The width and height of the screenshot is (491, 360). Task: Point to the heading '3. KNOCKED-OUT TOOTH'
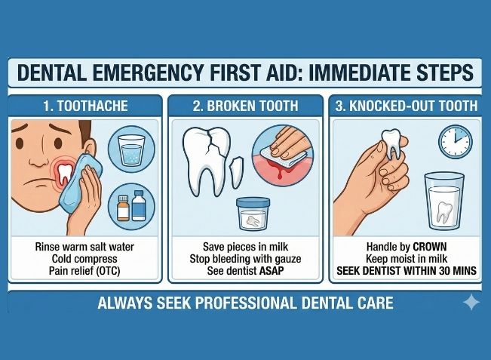[x=407, y=106]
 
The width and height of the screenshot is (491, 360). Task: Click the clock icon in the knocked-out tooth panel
[x=455, y=142]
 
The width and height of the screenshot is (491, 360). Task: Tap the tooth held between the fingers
[x=391, y=143]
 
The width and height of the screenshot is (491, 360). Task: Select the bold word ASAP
[x=272, y=271]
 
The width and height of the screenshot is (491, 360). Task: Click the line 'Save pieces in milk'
[x=245, y=247]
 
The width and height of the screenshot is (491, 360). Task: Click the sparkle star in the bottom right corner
[x=471, y=303]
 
